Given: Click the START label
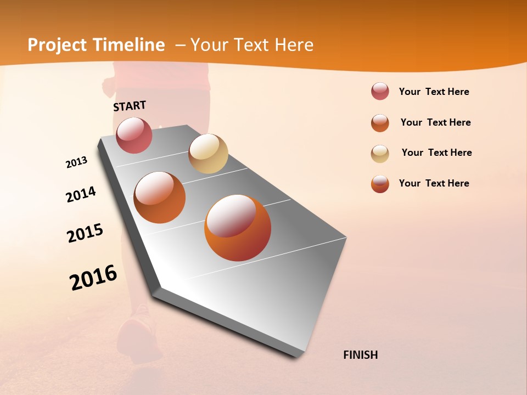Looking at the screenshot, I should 130,106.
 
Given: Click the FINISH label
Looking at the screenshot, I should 360,355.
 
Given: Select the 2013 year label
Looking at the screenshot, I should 76,162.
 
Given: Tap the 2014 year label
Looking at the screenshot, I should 81,195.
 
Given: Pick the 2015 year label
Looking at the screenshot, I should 85,233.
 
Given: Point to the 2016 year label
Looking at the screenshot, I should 93,278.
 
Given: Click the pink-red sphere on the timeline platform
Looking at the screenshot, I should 134,135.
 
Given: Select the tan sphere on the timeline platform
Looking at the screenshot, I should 208,154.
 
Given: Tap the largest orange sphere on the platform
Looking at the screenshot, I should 238,228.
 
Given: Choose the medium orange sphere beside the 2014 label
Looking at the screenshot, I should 160,197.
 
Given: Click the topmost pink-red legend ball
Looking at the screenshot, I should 380,91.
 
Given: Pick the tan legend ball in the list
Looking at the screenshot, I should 380,154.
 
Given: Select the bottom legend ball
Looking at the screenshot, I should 380,184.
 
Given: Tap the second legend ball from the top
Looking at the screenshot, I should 380,123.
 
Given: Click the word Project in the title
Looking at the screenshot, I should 57,45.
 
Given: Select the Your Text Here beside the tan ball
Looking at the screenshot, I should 436,153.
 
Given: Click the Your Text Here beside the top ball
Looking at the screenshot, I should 434,92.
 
